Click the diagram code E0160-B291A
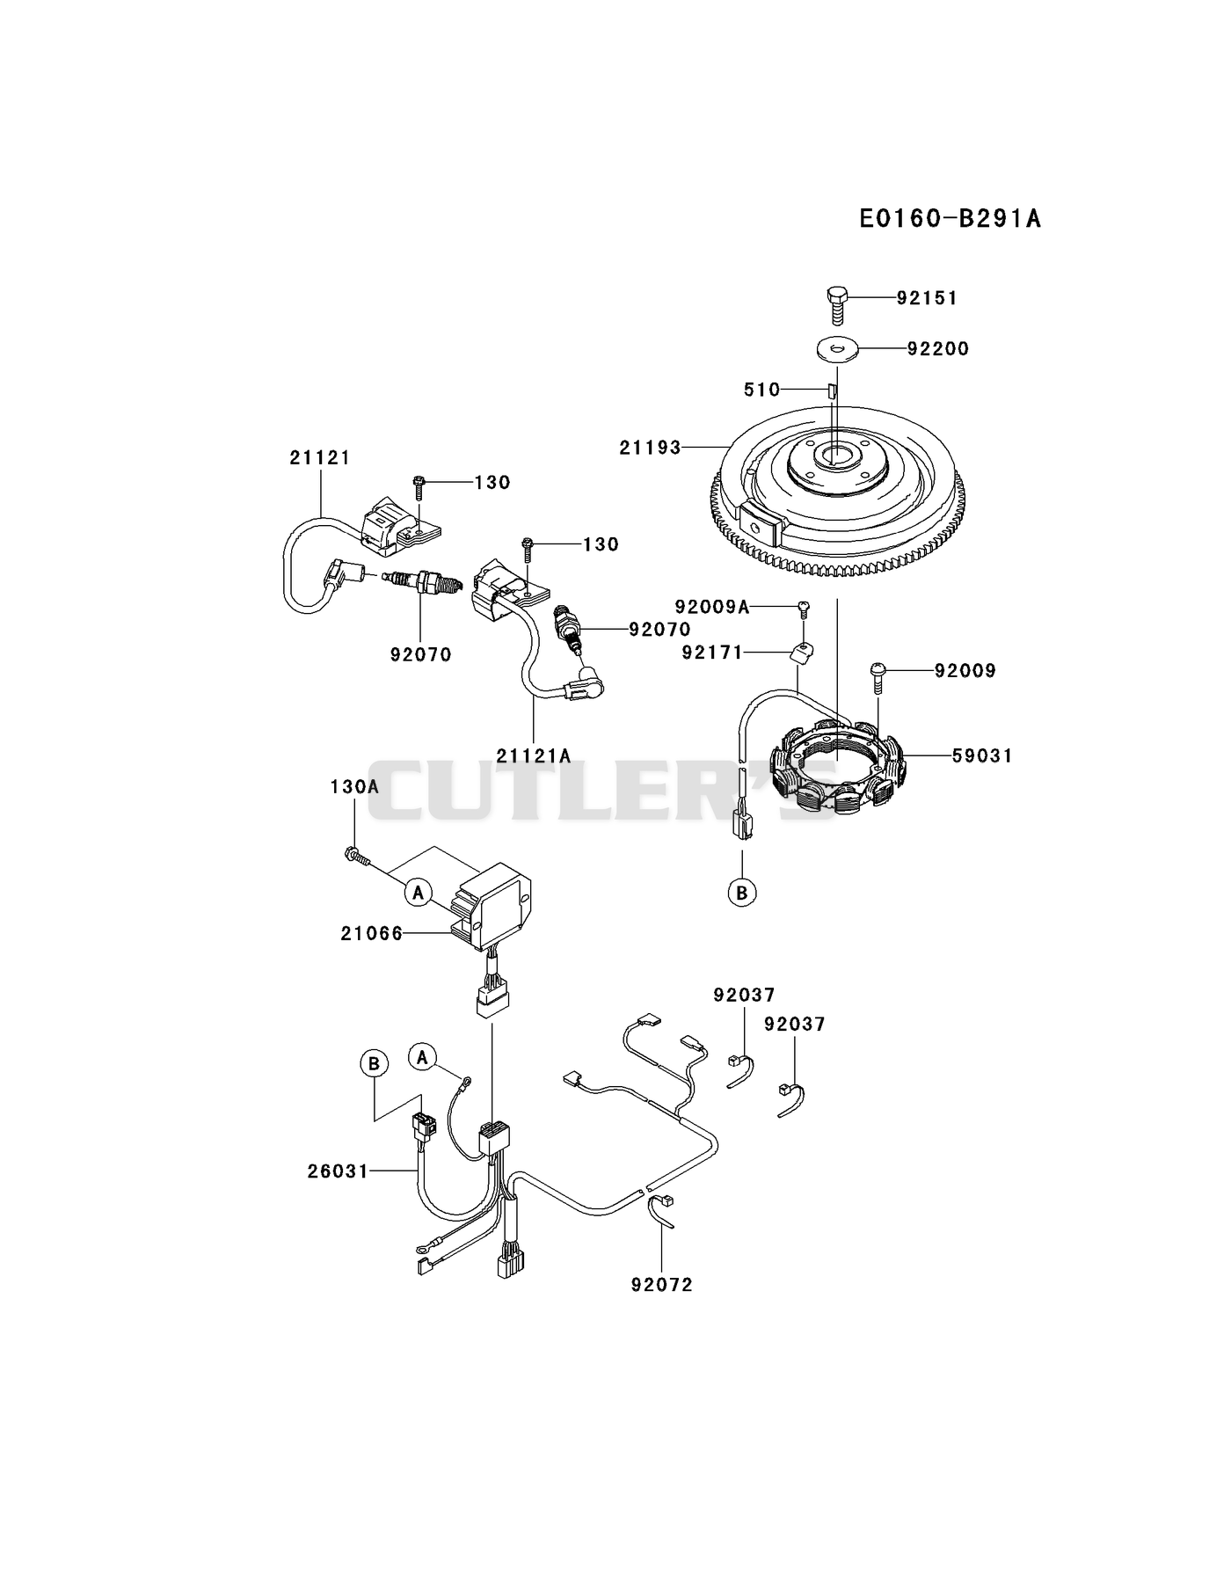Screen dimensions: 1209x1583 950,218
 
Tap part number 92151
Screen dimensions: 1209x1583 927,298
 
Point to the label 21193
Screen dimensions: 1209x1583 651,448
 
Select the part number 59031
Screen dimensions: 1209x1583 982,755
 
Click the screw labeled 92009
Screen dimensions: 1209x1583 878,675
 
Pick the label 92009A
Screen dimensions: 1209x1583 712,607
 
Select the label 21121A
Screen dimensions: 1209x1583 533,755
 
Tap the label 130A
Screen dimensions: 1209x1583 354,786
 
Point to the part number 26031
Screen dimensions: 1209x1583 338,1171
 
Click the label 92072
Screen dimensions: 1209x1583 661,1285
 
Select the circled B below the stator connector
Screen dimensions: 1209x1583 742,893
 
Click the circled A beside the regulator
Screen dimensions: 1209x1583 419,893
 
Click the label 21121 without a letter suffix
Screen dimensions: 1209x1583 320,457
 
